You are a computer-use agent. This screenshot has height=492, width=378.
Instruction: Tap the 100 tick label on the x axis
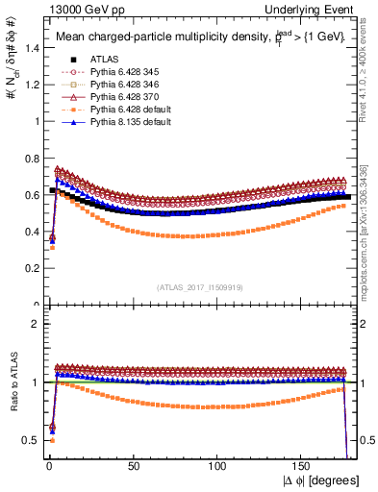tap(219, 465)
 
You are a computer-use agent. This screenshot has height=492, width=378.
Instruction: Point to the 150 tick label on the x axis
tap(304, 465)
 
